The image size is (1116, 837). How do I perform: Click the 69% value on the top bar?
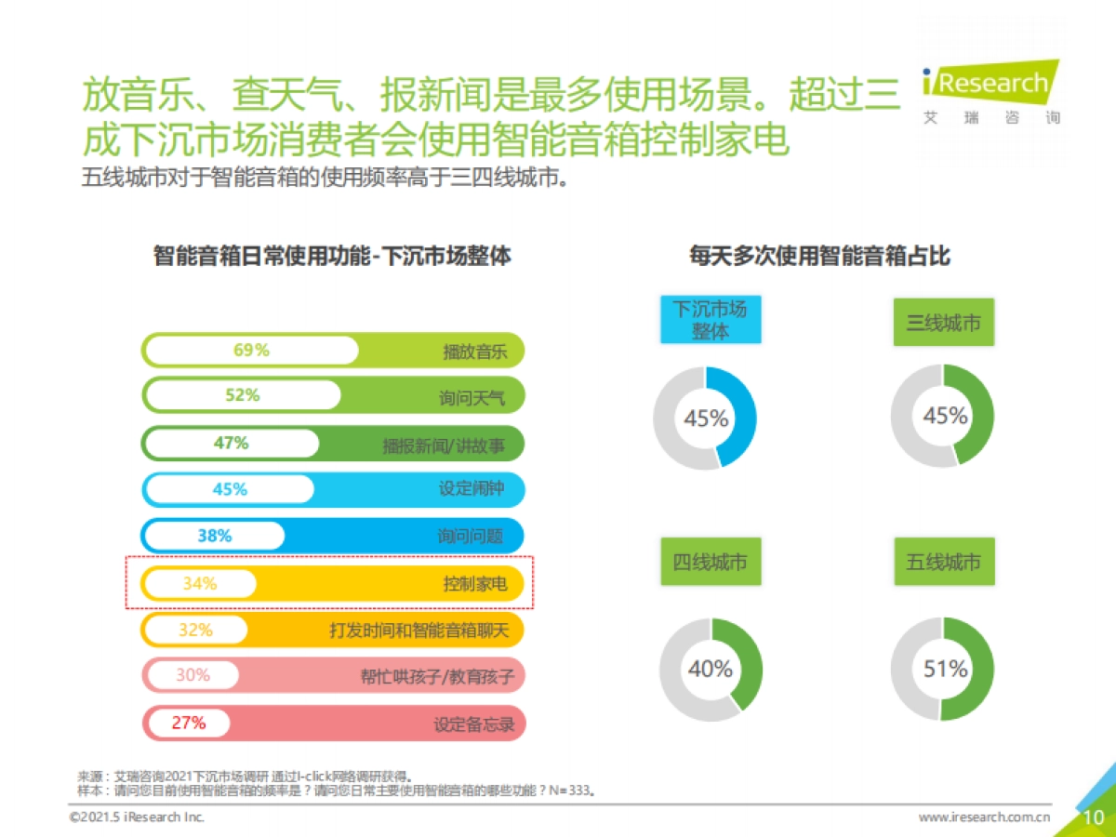point(251,351)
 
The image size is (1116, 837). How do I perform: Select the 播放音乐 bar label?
point(474,352)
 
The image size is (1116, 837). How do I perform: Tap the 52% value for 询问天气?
point(242,395)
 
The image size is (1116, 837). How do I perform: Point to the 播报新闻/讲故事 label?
point(444,445)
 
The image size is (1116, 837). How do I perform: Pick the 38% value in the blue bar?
point(214,536)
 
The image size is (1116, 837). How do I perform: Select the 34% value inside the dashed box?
point(199,583)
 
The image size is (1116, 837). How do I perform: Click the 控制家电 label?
point(474,584)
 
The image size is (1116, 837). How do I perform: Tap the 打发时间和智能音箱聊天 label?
point(419,630)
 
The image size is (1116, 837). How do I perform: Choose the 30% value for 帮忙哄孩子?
point(193,675)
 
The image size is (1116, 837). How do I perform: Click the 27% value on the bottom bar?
point(188,722)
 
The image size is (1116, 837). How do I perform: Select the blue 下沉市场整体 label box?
point(711,320)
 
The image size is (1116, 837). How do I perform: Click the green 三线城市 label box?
point(943,323)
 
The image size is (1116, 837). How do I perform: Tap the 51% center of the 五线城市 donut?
point(945,669)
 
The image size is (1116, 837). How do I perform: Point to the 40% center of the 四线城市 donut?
point(711,669)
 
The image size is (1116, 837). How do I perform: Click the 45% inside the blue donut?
point(706,418)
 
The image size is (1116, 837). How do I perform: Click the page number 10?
point(1094,817)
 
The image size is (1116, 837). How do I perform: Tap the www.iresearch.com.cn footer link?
point(984,817)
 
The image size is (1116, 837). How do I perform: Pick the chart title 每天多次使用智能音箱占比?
point(819,256)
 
